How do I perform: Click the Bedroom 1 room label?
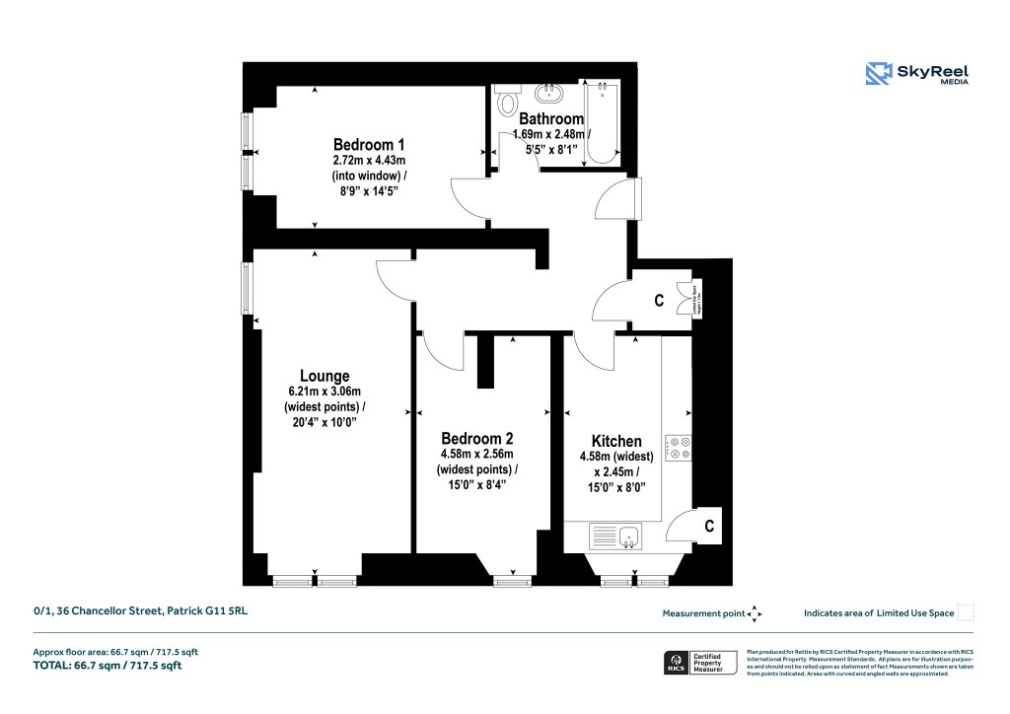point(369,143)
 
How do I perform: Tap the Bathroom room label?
point(551,119)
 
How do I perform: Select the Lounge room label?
point(325,376)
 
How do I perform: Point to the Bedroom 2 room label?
point(476,438)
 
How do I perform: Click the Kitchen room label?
point(616,441)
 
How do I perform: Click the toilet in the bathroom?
point(509,102)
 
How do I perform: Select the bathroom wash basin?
point(547,95)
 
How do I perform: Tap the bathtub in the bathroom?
point(601,124)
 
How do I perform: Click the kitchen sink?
point(616,536)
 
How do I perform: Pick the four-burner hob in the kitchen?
point(679,448)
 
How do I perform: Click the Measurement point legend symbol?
point(755,613)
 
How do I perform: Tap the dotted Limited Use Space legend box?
point(966,612)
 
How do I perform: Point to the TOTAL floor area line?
point(108,666)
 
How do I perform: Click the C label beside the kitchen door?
point(708,527)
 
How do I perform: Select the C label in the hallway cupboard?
point(659,301)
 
